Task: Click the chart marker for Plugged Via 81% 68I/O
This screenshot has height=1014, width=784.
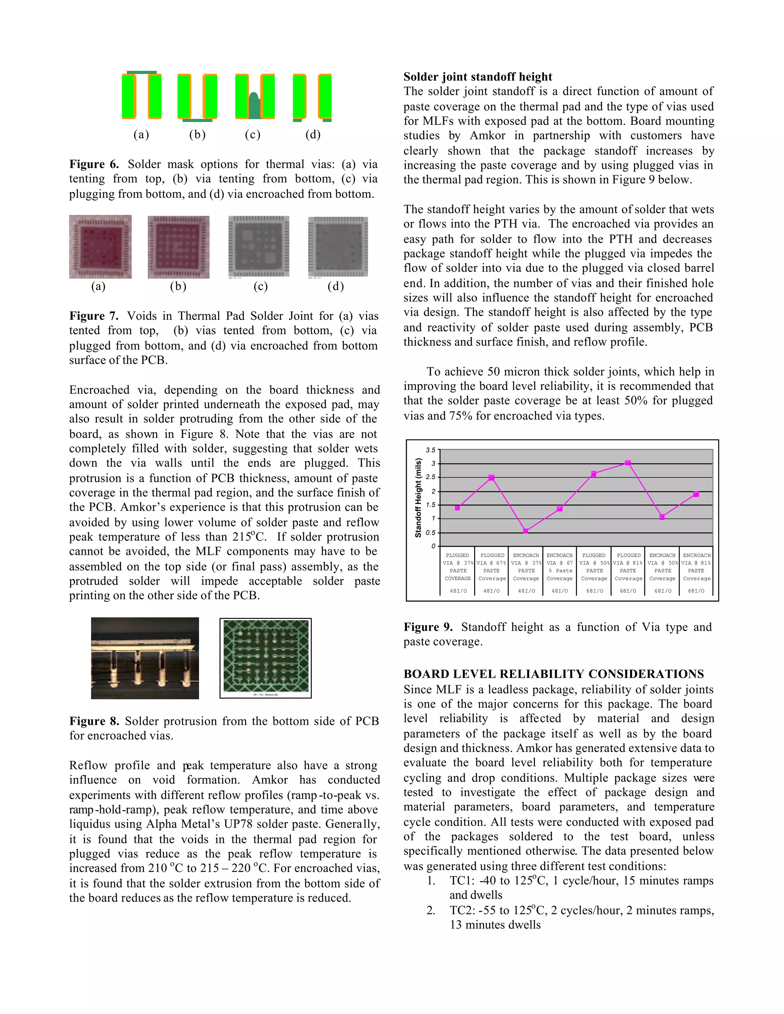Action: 628,463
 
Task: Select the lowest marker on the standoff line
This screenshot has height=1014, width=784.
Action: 526,531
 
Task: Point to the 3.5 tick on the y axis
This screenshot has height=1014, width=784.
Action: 431,450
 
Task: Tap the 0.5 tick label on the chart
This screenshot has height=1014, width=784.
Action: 431,533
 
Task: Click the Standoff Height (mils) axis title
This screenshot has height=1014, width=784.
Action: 418,498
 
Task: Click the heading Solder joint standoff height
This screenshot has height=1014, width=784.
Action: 477,77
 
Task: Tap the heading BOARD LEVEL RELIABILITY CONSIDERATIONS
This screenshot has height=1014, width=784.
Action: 554,674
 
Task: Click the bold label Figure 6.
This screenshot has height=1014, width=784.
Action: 94,164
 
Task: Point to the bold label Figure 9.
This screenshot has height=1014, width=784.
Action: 428,627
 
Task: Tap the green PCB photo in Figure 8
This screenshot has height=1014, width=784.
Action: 266,657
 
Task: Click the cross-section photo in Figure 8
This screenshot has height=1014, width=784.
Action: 145,658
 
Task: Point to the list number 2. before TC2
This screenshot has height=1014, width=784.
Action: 431,910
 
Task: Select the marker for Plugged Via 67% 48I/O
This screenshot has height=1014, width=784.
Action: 492,478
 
